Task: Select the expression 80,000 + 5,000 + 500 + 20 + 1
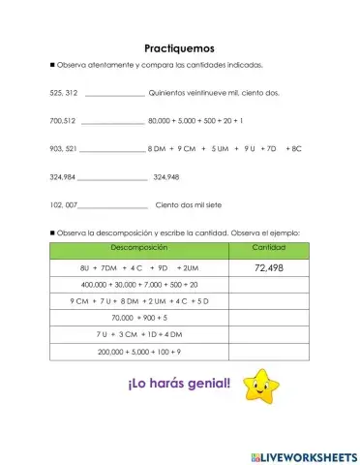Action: coord(195,121)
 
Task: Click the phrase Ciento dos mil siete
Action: coord(191,205)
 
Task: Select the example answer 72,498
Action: coord(268,267)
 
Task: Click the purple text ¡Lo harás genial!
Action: coord(179,384)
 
